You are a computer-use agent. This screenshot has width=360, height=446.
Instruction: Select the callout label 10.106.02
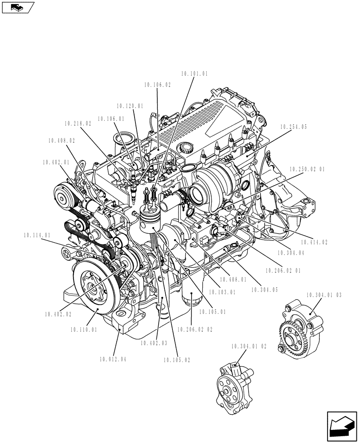tap(157, 84)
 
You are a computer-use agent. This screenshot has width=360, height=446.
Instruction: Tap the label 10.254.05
tap(294, 127)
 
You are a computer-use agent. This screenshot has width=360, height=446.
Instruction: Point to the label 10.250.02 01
tap(307, 169)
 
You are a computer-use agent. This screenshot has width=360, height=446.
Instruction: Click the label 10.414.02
tap(314, 242)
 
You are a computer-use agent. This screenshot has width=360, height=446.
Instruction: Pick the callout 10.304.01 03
tap(323, 295)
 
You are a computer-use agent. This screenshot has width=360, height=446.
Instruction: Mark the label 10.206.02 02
tap(195, 330)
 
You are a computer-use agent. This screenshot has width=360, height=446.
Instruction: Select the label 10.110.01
tap(83, 330)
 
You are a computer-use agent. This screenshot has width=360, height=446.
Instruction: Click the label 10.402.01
tap(56, 162)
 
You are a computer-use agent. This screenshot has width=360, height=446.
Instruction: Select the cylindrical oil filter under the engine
tap(191, 302)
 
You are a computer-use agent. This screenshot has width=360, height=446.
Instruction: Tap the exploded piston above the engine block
tap(150, 219)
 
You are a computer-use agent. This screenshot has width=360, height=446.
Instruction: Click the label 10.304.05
tap(264, 289)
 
